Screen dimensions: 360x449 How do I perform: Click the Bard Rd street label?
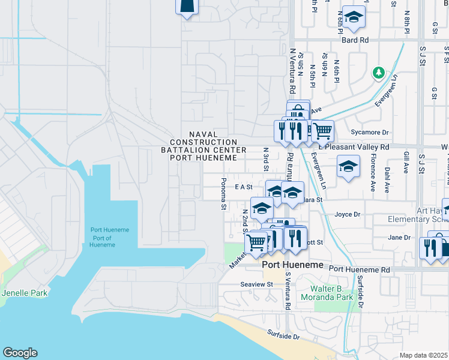[x=355, y=40]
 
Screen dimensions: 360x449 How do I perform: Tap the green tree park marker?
[x=378, y=73]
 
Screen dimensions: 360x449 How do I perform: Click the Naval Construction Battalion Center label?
[x=203, y=146]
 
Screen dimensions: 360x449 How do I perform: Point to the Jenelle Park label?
[x=24, y=293]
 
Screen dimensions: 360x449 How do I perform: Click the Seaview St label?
[x=256, y=284]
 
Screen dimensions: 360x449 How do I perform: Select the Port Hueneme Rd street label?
[x=359, y=270]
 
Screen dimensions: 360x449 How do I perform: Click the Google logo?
[x=20, y=353]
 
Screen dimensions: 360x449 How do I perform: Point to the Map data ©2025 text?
[x=423, y=355]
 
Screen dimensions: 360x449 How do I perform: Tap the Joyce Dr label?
[x=347, y=214]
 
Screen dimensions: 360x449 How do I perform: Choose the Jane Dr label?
[x=399, y=238]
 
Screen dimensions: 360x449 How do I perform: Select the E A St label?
[x=243, y=187]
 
